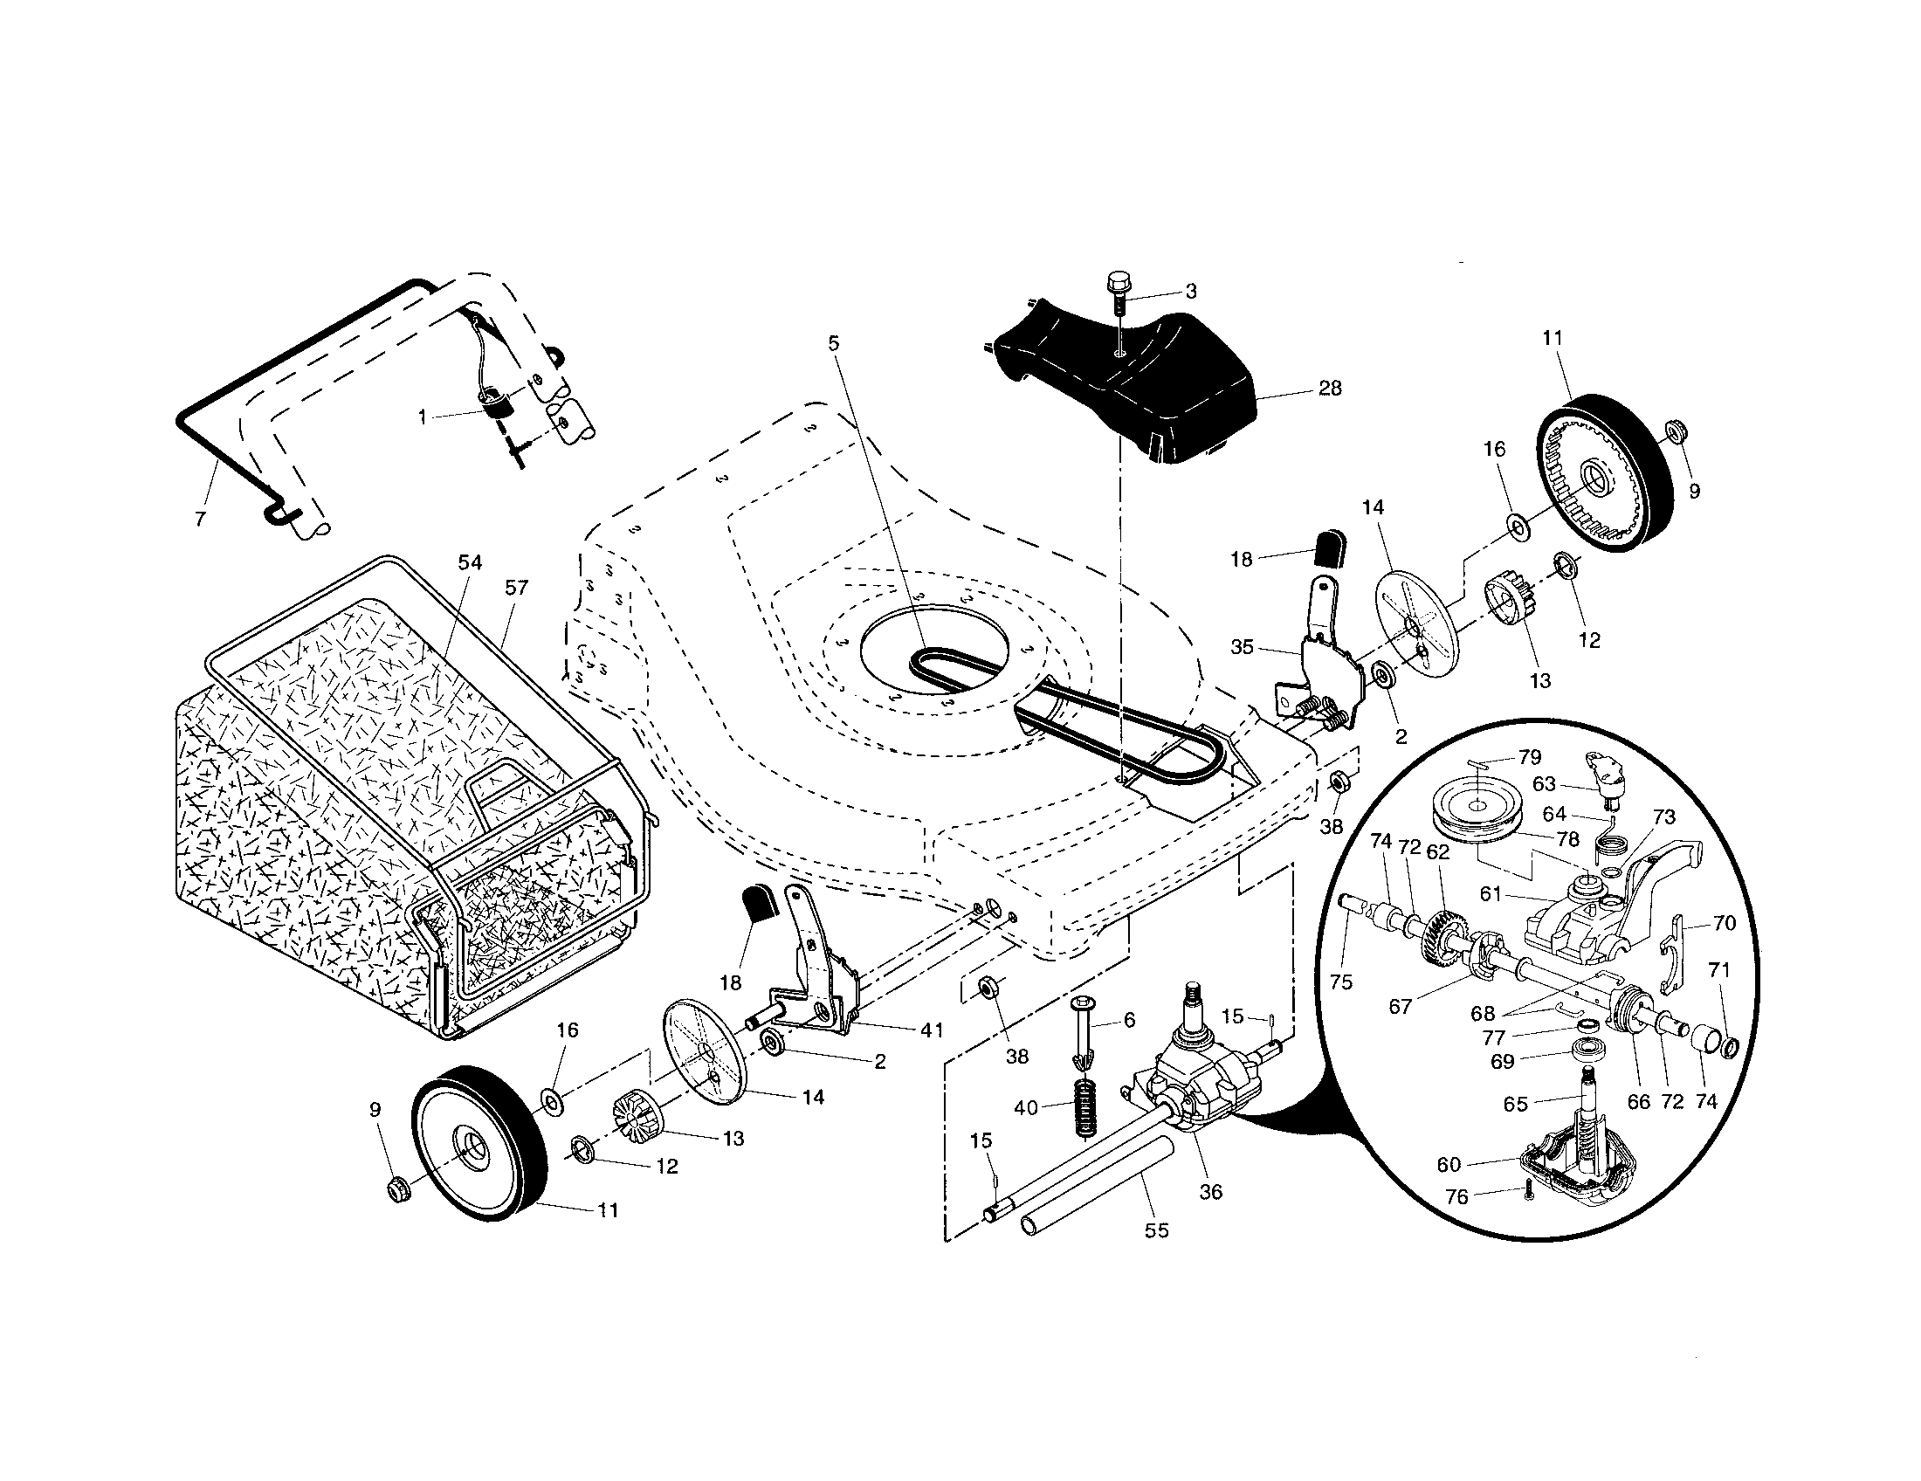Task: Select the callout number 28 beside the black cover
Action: coord(1330,388)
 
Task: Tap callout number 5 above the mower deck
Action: coord(834,343)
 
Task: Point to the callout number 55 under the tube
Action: coord(1157,1230)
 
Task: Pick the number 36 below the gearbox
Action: coord(1211,1192)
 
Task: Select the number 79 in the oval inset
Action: coord(1530,757)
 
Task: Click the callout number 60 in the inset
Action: coord(1449,1164)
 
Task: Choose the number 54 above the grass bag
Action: coord(471,563)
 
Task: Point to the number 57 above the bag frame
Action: coord(516,588)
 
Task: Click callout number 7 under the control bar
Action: coord(201,520)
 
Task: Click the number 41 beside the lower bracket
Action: coord(933,1030)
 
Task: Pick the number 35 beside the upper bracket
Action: coord(1242,647)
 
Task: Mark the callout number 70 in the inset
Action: coord(1725,923)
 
